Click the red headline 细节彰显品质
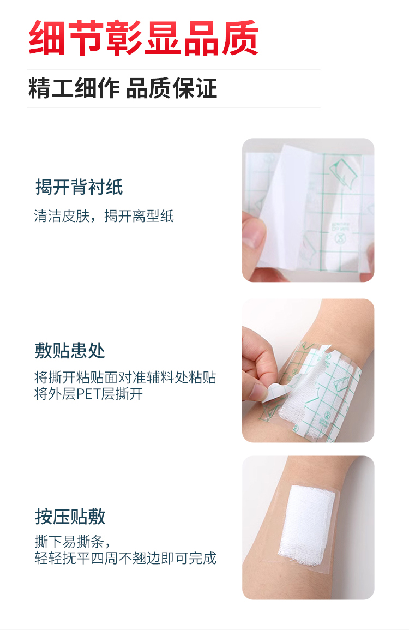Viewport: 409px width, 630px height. [143, 38]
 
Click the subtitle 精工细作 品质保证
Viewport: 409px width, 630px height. [123, 88]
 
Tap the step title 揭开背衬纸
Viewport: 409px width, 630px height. [79, 187]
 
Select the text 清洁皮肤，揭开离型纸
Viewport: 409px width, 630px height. [104, 216]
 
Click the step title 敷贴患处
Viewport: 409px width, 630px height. [70, 350]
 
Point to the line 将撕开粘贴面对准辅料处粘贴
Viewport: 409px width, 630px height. [125, 377]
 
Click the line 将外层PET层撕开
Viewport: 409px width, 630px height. [88, 394]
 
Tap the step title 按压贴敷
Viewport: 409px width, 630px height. [70, 517]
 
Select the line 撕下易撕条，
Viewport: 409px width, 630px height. [73, 542]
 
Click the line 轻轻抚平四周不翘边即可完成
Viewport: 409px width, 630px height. [125, 558]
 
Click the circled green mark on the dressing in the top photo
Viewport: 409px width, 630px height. [340, 239]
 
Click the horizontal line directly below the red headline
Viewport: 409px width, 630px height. [173, 70]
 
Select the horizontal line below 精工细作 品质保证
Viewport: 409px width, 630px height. [173, 107]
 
